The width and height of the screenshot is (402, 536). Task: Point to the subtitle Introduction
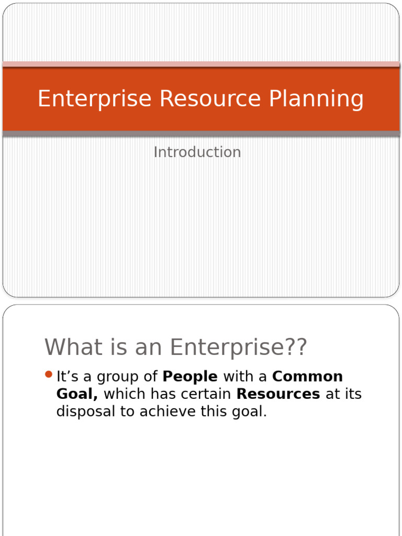coord(197,152)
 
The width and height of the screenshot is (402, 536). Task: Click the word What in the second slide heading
coord(70,347)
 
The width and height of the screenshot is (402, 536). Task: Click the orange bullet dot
coord(49,375)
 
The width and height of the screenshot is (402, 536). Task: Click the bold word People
coord(191,376)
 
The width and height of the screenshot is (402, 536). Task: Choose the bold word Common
coord(308,376)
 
